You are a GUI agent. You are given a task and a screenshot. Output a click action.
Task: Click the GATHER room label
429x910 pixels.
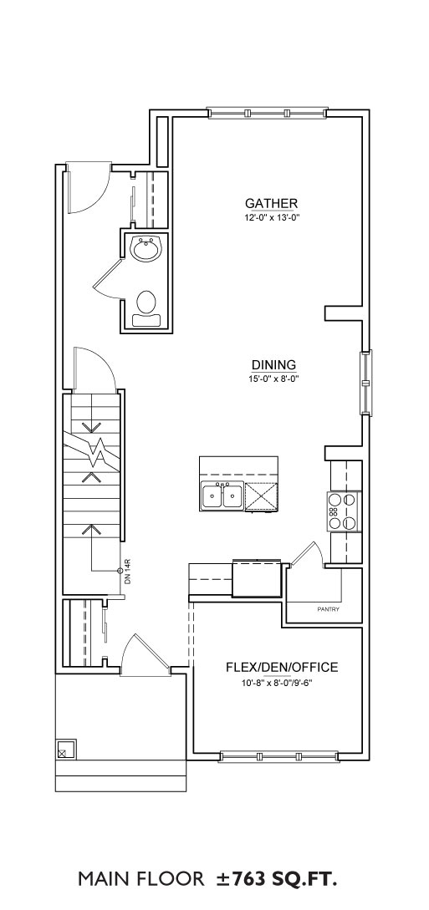(271, 203)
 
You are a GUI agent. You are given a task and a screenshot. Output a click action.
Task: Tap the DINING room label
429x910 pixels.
(274, 365)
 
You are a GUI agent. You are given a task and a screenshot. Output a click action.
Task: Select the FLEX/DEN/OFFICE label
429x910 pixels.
(282, 668)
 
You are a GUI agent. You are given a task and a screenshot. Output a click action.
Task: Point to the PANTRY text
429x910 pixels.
(329, 609)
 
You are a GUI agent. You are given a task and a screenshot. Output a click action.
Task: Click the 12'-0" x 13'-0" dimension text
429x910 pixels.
(271, 217)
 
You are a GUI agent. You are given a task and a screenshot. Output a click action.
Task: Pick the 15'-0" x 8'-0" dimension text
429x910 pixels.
(274, 379)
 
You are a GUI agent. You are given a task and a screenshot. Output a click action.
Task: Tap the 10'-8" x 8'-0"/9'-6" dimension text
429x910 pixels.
(282, 683)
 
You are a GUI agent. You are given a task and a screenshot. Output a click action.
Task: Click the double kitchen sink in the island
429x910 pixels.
(222, 497)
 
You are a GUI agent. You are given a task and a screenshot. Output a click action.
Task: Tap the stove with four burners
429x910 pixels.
(343, 511)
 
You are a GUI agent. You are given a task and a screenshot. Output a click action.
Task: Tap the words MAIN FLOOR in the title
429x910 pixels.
(141, 880)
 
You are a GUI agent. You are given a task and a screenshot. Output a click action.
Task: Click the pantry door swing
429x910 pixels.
(304, 552)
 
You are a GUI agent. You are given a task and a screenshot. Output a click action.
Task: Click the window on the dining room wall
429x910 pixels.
(366, 383)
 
